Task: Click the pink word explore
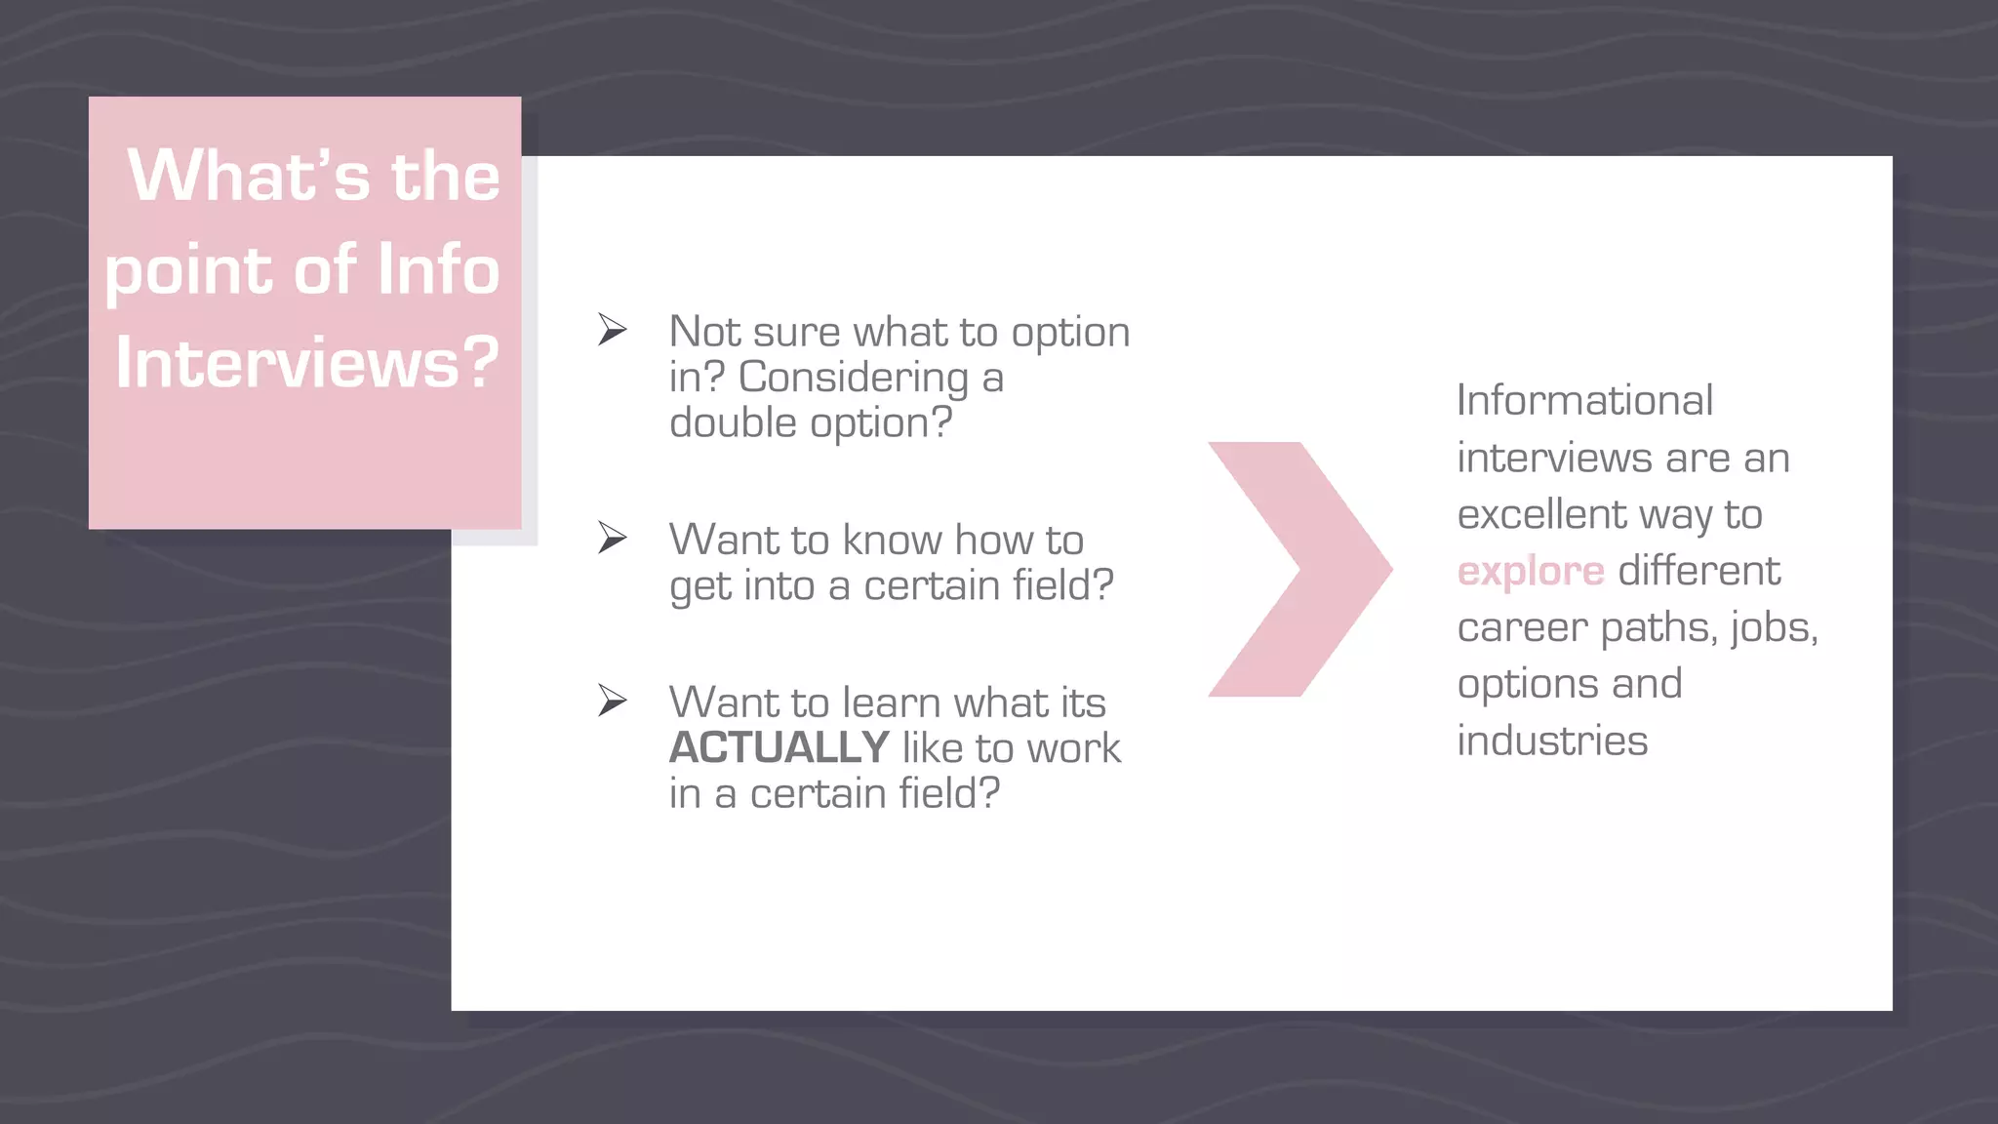click(x=1530, y=572)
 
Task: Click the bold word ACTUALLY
click(x=779, y=748)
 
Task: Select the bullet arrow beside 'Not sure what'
click(x=612, y=330)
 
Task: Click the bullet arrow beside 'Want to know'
click(x=612, y=538)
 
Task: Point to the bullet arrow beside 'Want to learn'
click(x=612, y=700)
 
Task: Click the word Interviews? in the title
click(x=307, y=363)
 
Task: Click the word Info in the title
click(x=438, y=270)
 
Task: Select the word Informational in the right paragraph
click(x=1584, y=401)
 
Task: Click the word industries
click(x=1552, y=741)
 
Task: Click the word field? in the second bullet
click(x=1062, y=586)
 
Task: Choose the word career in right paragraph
click(x=1521, y=628)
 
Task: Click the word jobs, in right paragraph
click(x=1775, y=628)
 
